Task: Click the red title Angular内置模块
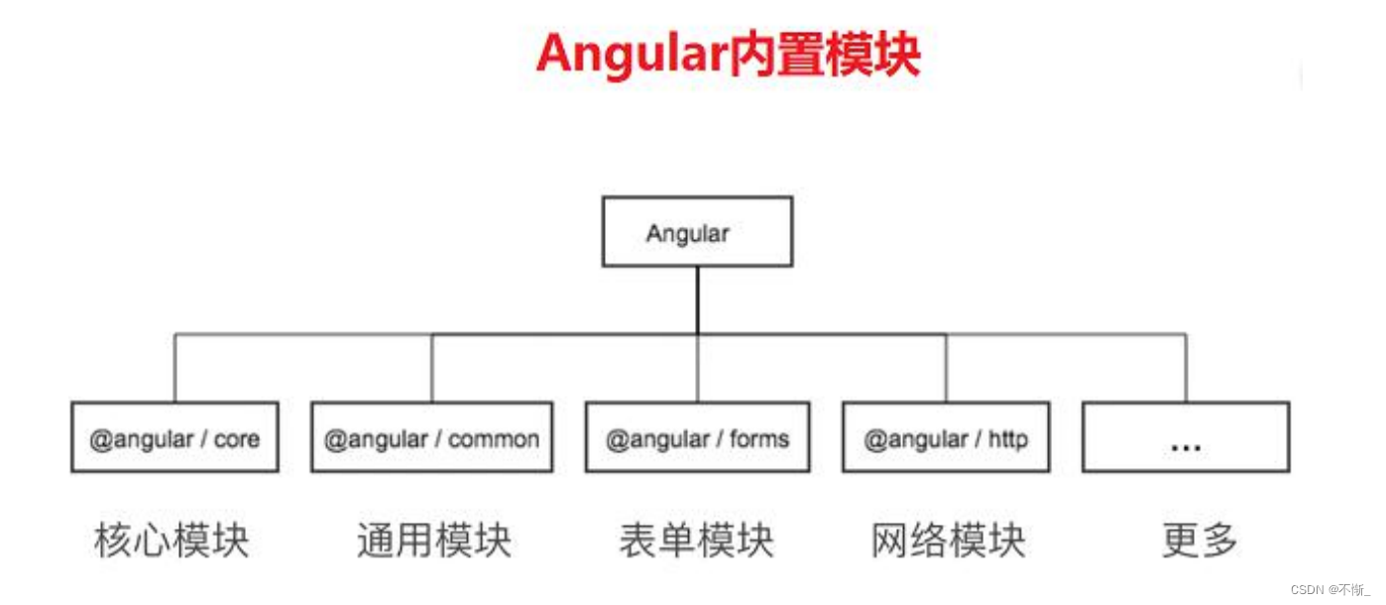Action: click(x=729, y=55)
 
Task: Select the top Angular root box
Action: click(x=697, y=231)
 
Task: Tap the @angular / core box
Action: click(x=174, y=437)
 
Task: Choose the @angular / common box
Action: click(x=431, y=437)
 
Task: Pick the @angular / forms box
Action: click(x=697, y=437)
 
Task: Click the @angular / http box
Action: click(x=946, y=437)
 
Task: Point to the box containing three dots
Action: click(x=1186, y=437)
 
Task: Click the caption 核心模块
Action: click(x=173, y=541)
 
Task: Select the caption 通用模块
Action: click(x=434, y=541)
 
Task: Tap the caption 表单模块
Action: click(x=697, y=541)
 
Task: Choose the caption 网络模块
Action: click(x=949, y=541)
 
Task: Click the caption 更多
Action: click(x=1200, y=541)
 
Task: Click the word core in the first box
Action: click(x=236, y=438)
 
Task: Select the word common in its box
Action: click(x=494, y=438)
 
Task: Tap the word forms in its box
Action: click(x=758, y=438)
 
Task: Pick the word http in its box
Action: click(x=1007, y=438)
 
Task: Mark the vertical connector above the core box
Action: click(x=174, y=367)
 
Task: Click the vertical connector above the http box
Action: click(x=946, y=367)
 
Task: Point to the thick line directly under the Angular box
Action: click(x=697, y=300)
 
